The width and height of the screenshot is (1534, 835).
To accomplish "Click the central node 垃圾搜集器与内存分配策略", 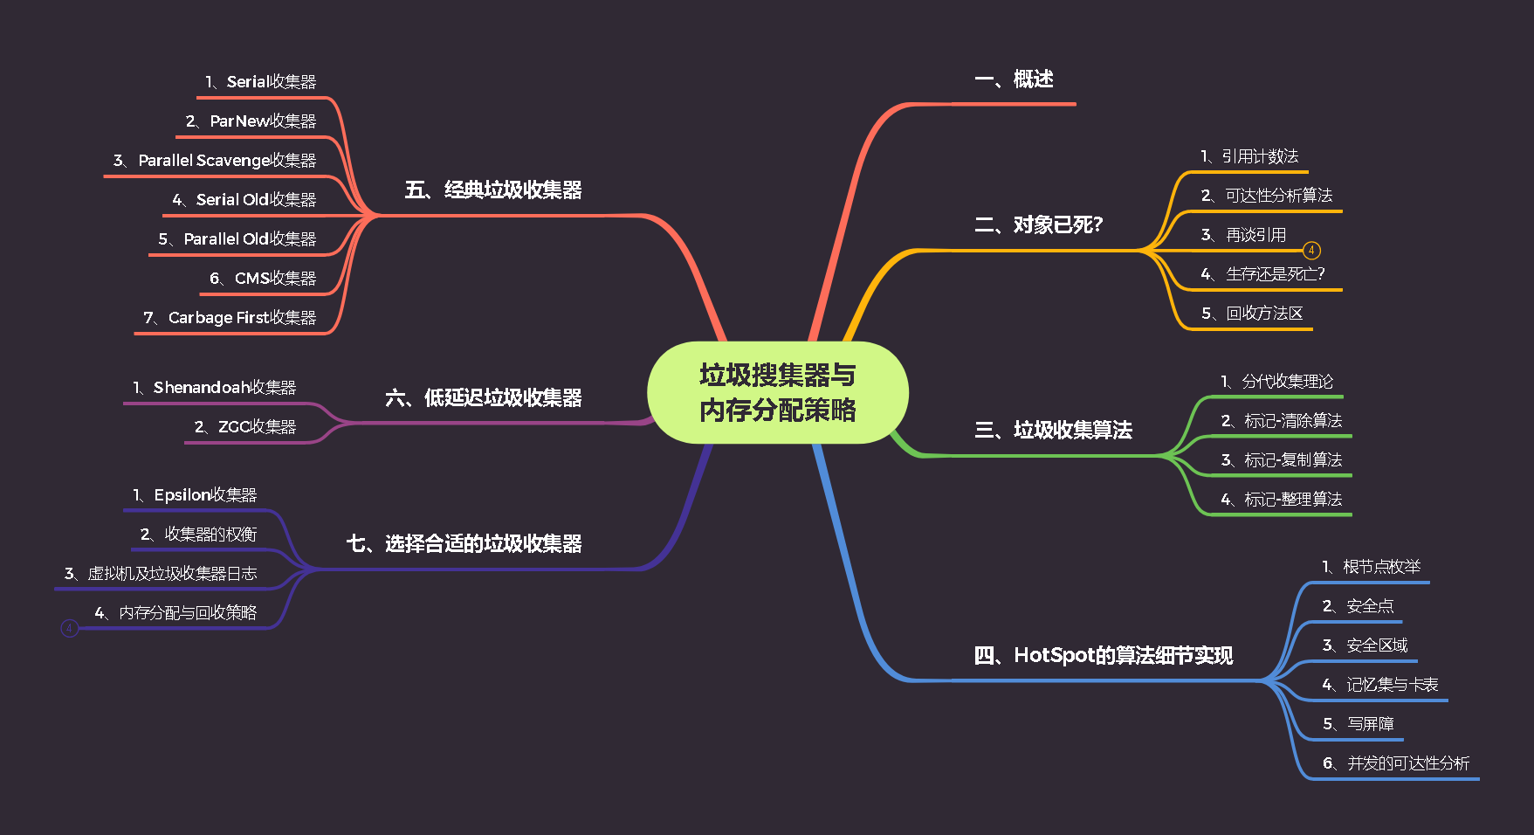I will coord(777,392).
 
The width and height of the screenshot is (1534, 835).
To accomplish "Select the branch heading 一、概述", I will coord(1014,79).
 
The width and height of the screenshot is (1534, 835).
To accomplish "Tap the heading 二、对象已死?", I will coord(1038,225).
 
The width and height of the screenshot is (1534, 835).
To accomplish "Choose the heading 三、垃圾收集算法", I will coord(1053,430).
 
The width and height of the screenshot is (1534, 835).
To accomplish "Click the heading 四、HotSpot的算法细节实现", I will coord(1103,655).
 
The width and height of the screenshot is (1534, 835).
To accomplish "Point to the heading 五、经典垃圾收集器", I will coord(493,190).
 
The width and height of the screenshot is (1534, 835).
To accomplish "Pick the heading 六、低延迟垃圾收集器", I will coord(483,398).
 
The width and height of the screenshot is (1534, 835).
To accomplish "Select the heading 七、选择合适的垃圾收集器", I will coord(464,544).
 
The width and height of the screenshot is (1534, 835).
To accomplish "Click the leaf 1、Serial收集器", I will coord(260,82).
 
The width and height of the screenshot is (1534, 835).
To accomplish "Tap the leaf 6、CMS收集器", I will coord(262,279).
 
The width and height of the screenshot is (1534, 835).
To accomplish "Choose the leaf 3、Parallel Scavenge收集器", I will coord(214,161).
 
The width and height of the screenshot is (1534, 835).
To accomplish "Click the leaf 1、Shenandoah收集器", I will coord(214,388).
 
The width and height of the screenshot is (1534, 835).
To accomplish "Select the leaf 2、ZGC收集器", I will coord(244,427).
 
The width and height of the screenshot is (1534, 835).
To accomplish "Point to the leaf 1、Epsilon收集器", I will coord(195,495).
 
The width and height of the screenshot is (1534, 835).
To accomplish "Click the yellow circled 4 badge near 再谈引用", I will coord(1311,251).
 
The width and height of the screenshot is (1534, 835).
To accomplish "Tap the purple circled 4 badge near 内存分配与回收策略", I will coord(70,628).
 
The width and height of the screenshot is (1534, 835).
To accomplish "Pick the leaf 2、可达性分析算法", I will coord(1266,196).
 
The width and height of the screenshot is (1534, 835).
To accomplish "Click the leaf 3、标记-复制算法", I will coord(1281,460).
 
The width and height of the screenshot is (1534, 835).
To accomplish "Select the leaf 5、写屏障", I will coord(1358,724).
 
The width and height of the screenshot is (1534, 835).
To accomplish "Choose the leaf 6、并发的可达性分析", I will coord(1395,763).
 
